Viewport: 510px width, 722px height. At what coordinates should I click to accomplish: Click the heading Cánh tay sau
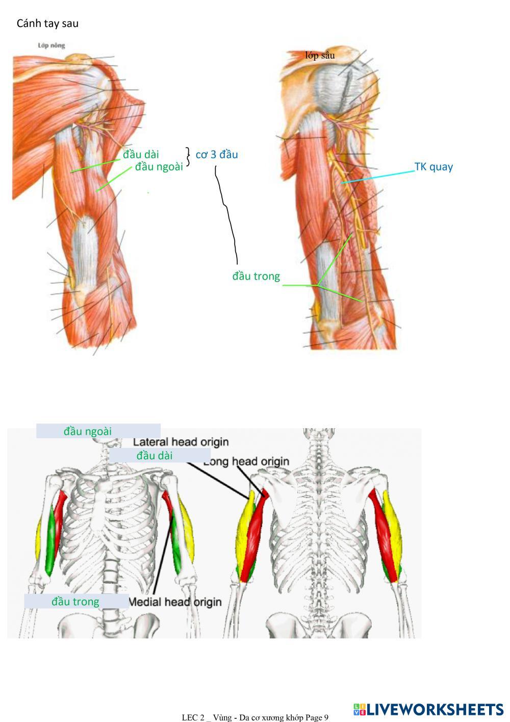pyautogui.click(x=47, y=23)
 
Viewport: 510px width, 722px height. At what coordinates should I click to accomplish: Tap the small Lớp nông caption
pyautogui.click(x=51, y=45)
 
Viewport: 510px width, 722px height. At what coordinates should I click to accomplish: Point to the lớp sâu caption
pyautogui.click(x=320, y=56)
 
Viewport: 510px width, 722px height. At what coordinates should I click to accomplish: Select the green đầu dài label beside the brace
pyautogui.click(x=141, y=154)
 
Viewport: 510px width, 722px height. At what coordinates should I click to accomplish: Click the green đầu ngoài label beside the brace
pyautogui.click(x=159, y=167)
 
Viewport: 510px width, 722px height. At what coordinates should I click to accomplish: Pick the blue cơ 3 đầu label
pyautogui.click(x=217, y=154)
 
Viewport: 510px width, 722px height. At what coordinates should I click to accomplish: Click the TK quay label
pyautogui.click(x=433, y=167)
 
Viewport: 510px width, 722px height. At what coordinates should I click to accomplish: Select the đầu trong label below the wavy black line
pyautogui.click(x=256, y=276)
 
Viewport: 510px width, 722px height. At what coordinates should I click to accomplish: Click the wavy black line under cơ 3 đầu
pyautogui.click(x=227, y=214)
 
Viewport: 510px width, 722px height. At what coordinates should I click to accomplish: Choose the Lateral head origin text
pyautogui.click(x=181, y=442)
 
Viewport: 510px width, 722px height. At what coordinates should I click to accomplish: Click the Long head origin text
pyautogui.click(x=246, y=462)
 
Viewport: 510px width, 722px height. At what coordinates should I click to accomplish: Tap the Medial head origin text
pyautogui.click(x=175, y=602)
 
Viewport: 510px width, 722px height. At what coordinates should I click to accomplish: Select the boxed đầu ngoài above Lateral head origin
pyautogui.click(x=88, y=431)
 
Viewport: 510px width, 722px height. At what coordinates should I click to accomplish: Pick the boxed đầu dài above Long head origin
pyautogui.click(x=154, y=455)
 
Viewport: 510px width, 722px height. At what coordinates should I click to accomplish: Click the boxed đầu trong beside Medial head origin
pyautogui.click(x=75, y=602)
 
